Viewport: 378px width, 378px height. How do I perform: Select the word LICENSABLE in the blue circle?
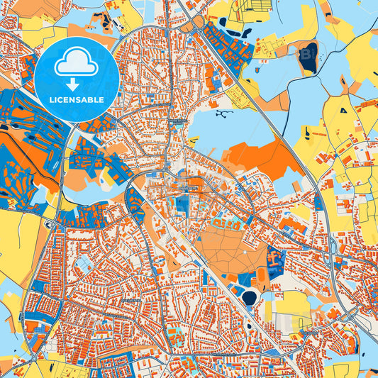pyautogui.click(x=77, y=99)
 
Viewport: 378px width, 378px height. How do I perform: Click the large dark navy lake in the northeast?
pyautogui.click(x=308, y=58)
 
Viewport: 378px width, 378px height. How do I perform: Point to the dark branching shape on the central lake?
pyautogui.click(x=224, y=113)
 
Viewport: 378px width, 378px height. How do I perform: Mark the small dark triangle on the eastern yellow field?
pyautogui.click(x=343, y=111)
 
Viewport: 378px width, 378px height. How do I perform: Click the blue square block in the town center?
pyautogui.click(x=182, y=206)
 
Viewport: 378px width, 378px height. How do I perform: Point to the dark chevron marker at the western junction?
pyautogui.click(x=48, y=225)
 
